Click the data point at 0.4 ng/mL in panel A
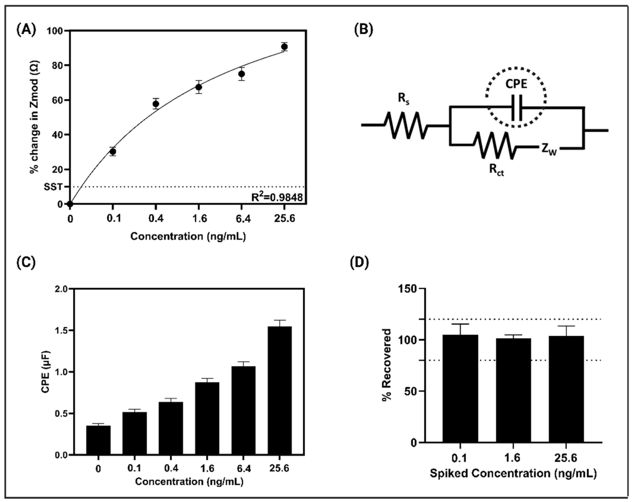point(156,104)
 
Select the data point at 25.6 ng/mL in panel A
point(284,47)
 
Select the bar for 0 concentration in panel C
point(98,440)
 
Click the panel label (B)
point(364,30)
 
